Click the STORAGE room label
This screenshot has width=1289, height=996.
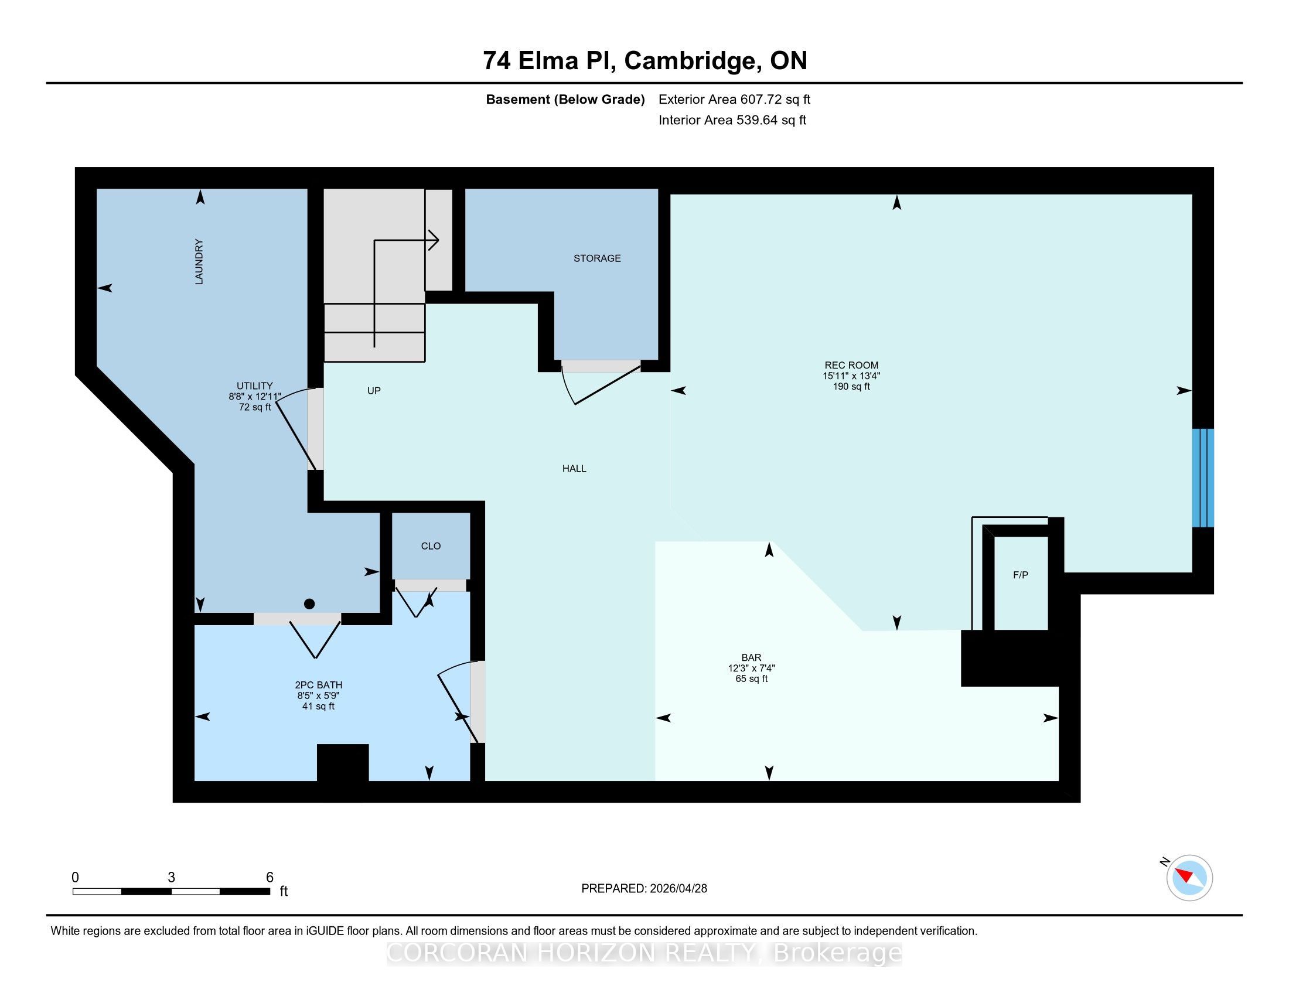coord(596,258)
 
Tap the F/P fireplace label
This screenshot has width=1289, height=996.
coord(1021,575)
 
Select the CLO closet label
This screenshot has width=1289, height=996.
coord(431,547)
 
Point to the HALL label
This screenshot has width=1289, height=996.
coord(574,469)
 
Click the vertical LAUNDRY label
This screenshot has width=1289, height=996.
coord(199,261)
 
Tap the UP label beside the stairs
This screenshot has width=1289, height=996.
coord(374,391)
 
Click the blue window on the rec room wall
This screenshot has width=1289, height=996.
coord(1203,478)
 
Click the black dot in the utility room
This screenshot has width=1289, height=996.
coord(309,603)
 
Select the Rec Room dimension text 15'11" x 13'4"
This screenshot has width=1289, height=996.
coord(852,376)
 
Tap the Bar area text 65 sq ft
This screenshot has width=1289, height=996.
coord(751,678)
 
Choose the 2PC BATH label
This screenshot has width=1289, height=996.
coord(319,685)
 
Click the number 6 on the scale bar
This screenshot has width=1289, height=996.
coord(270,878)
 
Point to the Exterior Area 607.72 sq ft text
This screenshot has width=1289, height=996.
coord(734,99)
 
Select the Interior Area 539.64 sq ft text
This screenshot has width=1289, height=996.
coord(732,120)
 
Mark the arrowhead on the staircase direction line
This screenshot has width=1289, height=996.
coord(434,240)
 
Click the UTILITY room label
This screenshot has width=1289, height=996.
coord(255,386)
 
